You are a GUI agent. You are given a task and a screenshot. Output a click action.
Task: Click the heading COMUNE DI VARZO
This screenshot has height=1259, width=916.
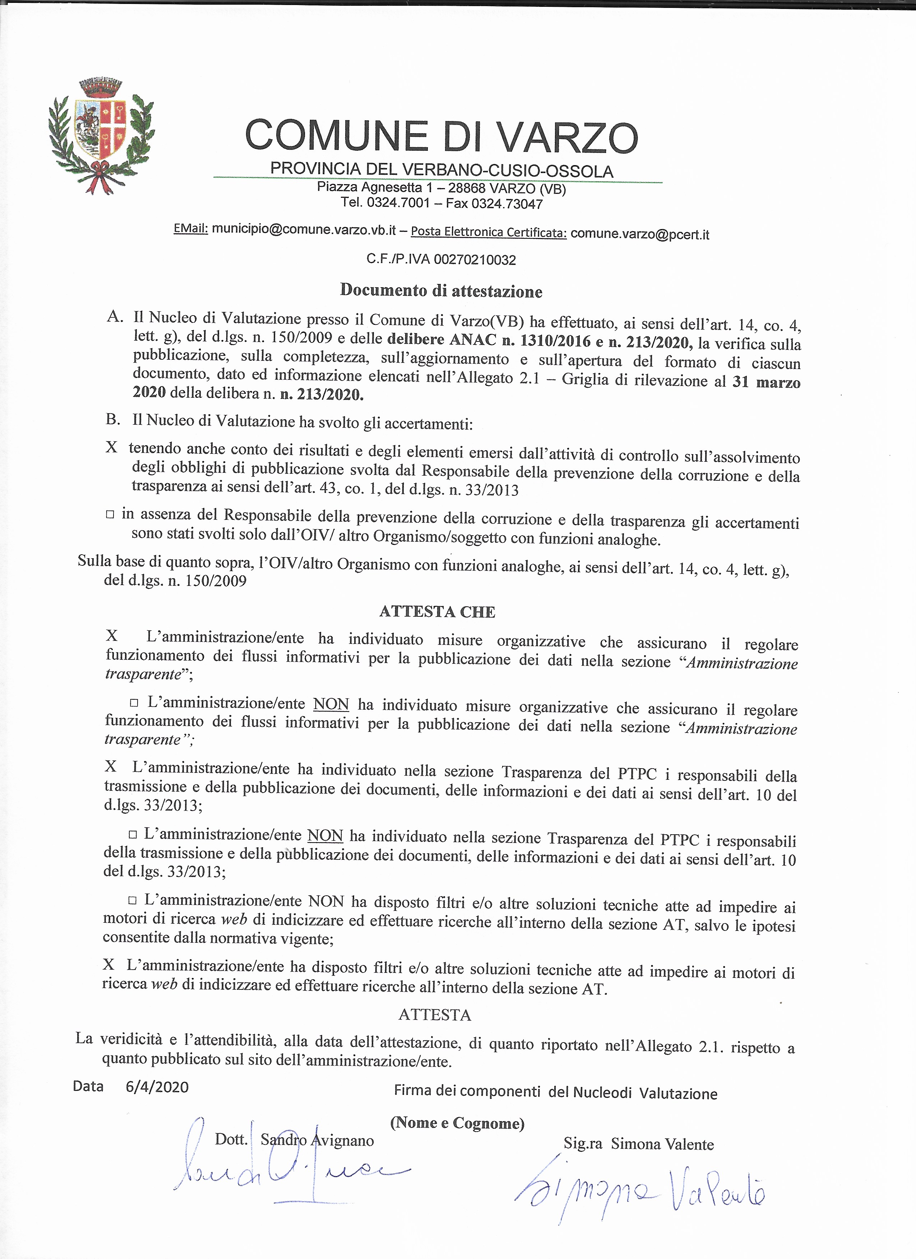441,136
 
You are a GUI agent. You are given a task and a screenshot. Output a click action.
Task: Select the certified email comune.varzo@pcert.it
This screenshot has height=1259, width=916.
640,234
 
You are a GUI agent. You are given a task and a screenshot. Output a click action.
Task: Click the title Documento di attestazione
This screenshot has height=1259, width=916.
441,290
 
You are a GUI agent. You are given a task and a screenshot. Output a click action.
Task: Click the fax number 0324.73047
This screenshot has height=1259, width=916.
506,204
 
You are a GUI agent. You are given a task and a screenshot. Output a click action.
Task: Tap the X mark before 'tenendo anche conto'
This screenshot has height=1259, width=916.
112,447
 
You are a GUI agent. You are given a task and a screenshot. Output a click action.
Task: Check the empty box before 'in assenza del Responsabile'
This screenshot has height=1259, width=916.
110,514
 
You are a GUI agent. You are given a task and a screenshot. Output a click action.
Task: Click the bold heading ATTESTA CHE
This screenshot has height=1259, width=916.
437,612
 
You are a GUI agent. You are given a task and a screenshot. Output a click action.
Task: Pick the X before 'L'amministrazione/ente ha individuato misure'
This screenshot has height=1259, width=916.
112,636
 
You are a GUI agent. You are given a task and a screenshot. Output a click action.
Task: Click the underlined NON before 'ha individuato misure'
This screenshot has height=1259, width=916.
331,704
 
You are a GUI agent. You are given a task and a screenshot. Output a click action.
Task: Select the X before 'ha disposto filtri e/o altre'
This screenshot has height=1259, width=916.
108,965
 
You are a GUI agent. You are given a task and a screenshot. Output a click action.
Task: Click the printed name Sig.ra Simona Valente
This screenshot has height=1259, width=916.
638,1144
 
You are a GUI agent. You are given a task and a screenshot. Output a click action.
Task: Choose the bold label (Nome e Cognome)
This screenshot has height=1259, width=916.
457,1123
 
